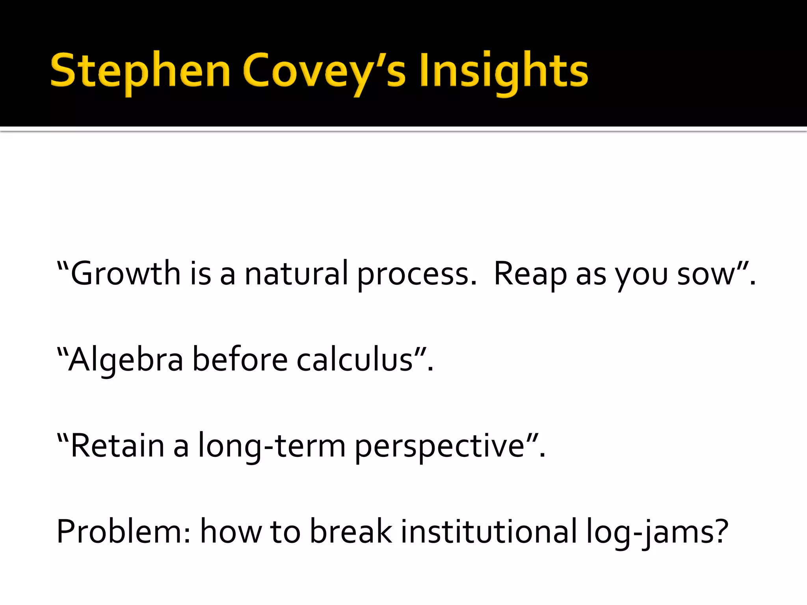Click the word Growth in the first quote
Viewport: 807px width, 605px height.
(x=125, y=273)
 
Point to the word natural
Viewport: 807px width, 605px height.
(x=296, y=273)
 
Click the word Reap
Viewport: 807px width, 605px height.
(x=530, y=274)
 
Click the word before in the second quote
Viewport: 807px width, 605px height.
(x=240, y=360)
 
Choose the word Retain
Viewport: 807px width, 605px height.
(x=117, y=446)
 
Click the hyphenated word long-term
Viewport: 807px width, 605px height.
(x=271, y=447)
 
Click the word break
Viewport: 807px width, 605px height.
(x=351, y=532)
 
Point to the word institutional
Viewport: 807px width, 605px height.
(x=489, y=532)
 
